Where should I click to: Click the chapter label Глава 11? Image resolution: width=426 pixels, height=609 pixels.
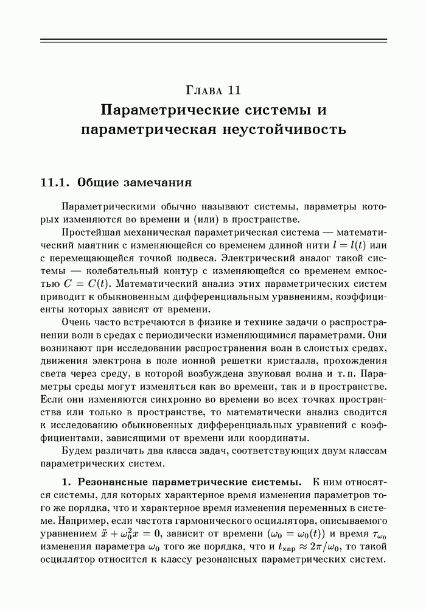(213, 91)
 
